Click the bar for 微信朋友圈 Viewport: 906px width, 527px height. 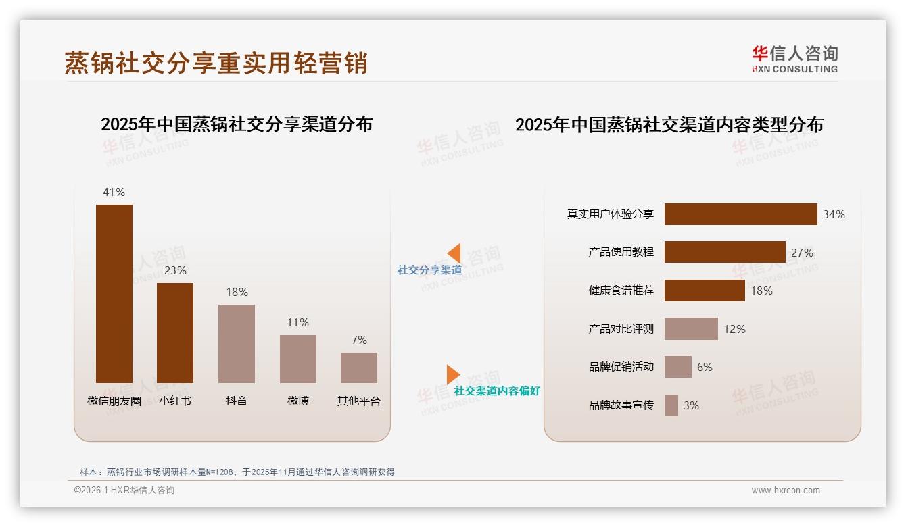coord(114,294)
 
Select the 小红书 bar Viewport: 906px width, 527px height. coord(175,333)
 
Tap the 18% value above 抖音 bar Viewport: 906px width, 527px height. coord(237,292)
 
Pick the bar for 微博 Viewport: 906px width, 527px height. coord(298,359)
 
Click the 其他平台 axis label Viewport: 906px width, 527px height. coord(359,401)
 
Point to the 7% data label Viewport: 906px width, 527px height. coord(359,340)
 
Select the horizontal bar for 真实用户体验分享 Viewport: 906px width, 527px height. coord(740,214)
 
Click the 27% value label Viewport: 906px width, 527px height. coord(802,253)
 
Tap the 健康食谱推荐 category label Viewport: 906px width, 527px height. coord(621,291)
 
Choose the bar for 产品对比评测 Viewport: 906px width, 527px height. coord(691,329)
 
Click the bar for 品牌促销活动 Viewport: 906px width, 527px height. coord(677,367)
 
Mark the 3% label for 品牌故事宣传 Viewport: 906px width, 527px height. coord(691,405)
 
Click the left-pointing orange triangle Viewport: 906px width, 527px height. coord(454,253)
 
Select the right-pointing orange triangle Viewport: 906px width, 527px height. coord(452,374)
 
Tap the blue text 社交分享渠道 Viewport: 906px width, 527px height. coord(429,270)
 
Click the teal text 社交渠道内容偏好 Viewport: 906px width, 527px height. coord(497,391)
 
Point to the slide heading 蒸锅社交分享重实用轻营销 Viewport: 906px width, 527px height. coord(216,63)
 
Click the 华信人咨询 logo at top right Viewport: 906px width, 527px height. coord(794,59)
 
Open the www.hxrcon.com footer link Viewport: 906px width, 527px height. coord(785,491)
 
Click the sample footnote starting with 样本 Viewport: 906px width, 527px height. coord(237,472)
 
